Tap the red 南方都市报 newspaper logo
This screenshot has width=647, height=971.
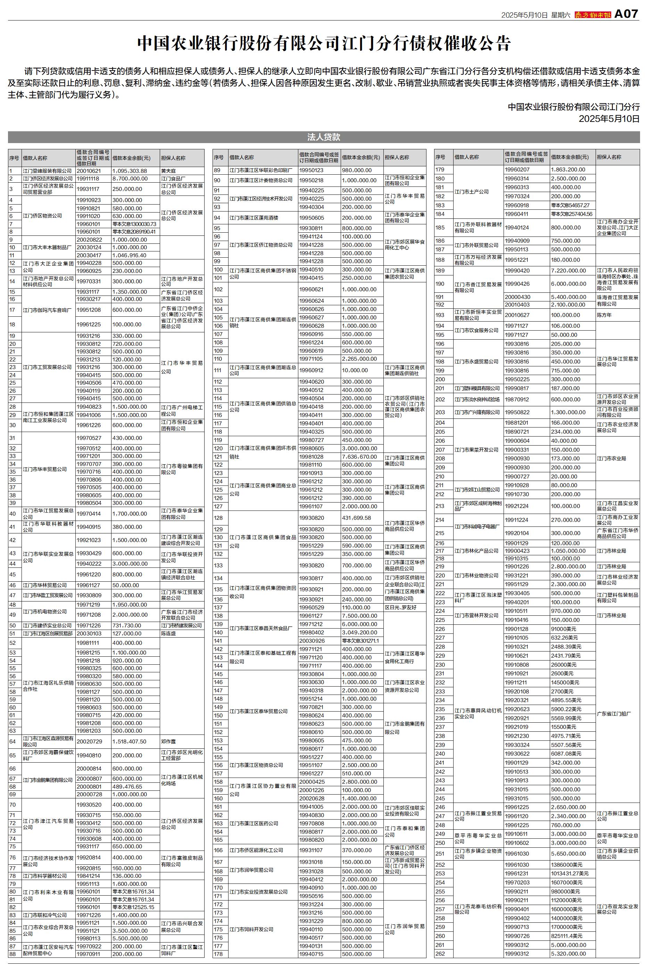(592, 15)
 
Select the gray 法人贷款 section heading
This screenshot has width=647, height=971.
(324, 137)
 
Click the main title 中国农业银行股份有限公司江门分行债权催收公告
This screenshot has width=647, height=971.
(324, 43)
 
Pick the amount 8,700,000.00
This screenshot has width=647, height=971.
(130, 179)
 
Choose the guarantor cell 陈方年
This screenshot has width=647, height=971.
(604, 315)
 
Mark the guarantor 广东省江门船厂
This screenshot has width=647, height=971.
(614, 714)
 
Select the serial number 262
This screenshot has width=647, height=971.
(440, 953)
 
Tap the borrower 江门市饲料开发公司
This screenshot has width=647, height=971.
(251, 929)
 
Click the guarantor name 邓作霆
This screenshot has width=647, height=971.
(168, 741)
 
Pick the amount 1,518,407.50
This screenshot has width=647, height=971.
(129, 741)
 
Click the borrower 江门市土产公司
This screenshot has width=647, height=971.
(472, 192)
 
